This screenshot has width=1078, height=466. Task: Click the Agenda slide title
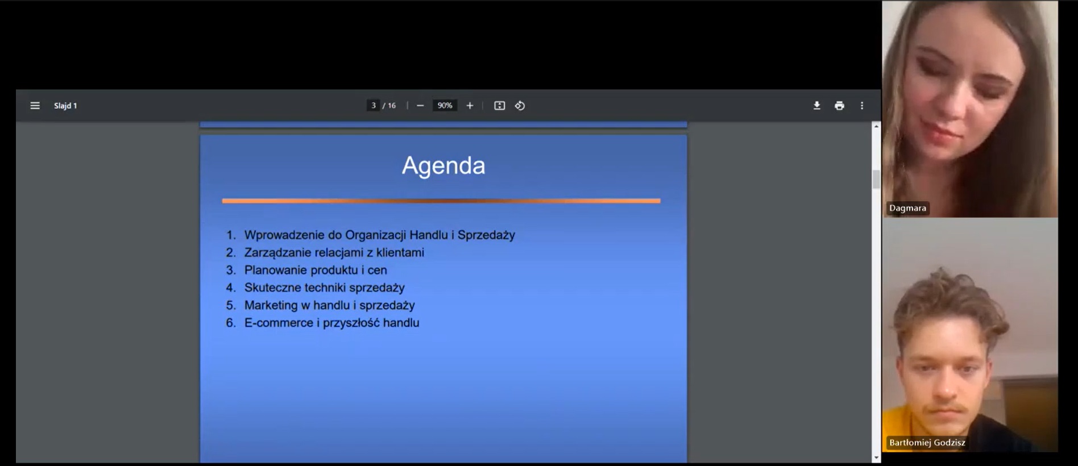(443, 166)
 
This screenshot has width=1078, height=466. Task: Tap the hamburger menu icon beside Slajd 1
(35, 106)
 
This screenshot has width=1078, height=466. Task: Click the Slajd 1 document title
(65, 106)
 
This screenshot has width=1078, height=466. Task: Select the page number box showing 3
(373, 106)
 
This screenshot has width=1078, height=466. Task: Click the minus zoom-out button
(420, 106)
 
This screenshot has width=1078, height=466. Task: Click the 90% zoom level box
(445, 106)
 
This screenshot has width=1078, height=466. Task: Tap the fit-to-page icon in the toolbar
(499, 106)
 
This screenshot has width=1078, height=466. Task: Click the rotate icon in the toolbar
(520, 106)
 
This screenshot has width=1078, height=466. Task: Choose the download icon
(816, 106)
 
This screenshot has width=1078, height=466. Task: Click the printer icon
(839, 106)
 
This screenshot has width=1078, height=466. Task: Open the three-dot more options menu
(862, 106)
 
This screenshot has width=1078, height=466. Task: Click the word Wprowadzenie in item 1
(284, 235)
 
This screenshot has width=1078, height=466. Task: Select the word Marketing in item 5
(271, 306)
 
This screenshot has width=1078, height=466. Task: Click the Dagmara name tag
(907, 208)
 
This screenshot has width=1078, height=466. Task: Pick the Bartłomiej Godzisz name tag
(927, 443)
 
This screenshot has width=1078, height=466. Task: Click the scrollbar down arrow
(876, 457)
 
